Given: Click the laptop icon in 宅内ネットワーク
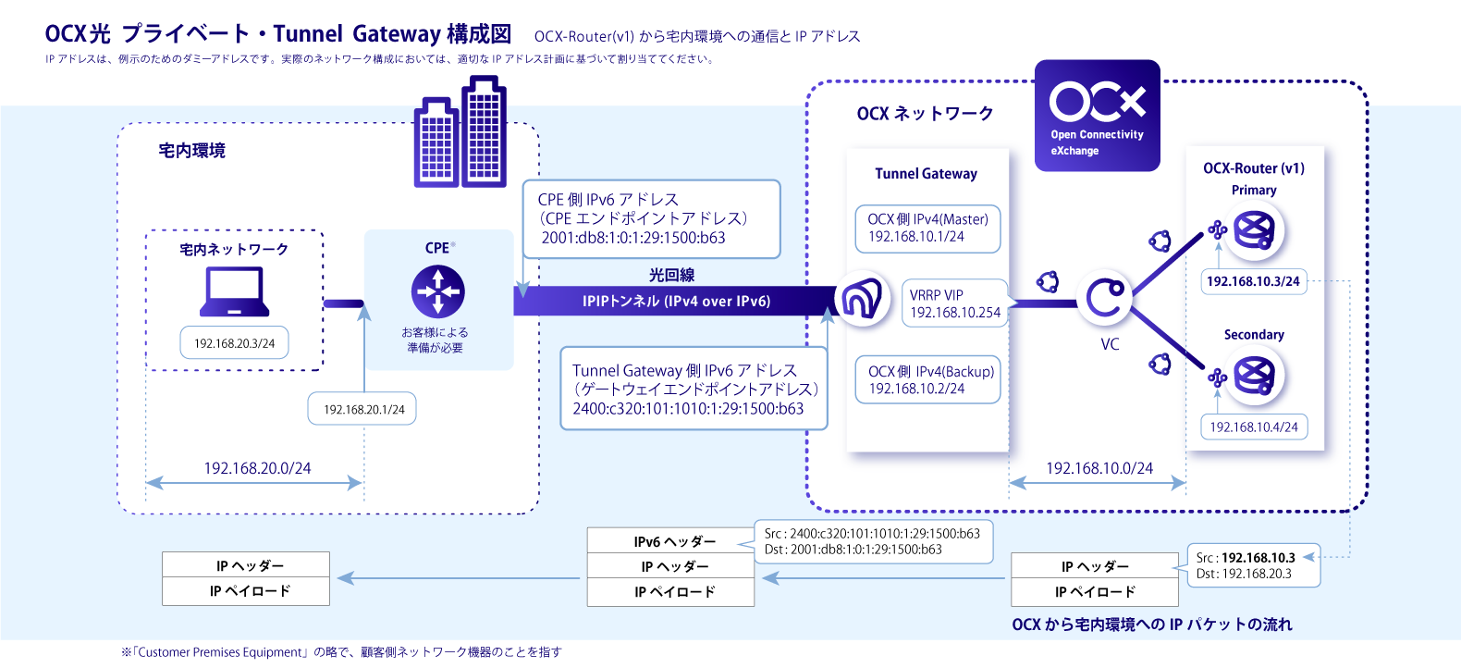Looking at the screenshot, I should click(x=235, y=291).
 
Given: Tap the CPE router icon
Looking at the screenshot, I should click(x=438, y=291).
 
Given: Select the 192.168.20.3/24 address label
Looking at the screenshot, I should click(x=234, y=343).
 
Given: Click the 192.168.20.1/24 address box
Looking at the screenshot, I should click(x=362, y=409).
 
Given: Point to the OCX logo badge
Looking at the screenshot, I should click(x=1097, y=116).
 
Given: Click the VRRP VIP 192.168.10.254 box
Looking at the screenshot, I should click(x=954, y=303).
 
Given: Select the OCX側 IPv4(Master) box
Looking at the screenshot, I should click(x=927, y=228).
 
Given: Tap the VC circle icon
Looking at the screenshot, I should click(x=1105, y=298).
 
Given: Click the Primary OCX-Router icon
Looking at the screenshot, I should click(x=1255, y=230).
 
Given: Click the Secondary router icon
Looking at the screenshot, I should click(x=1255, y=375).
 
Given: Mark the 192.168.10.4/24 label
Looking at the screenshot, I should click(x=1253, y=427).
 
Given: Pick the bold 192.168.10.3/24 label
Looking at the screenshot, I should click(x=1253, y=281).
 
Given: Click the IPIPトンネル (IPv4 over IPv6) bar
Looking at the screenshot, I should click(x=675, y=301).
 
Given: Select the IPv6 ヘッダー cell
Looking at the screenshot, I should click(x=670, y=541).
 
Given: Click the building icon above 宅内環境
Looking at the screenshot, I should click(x=460, y=134).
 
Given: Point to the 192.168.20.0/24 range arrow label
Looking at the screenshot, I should click(x=257, y=468).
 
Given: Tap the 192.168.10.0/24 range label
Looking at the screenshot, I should click(x=1099, y=468).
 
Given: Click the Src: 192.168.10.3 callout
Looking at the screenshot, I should click(x=1253, y=565).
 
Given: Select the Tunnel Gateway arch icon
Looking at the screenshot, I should click(x=862, y=298).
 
